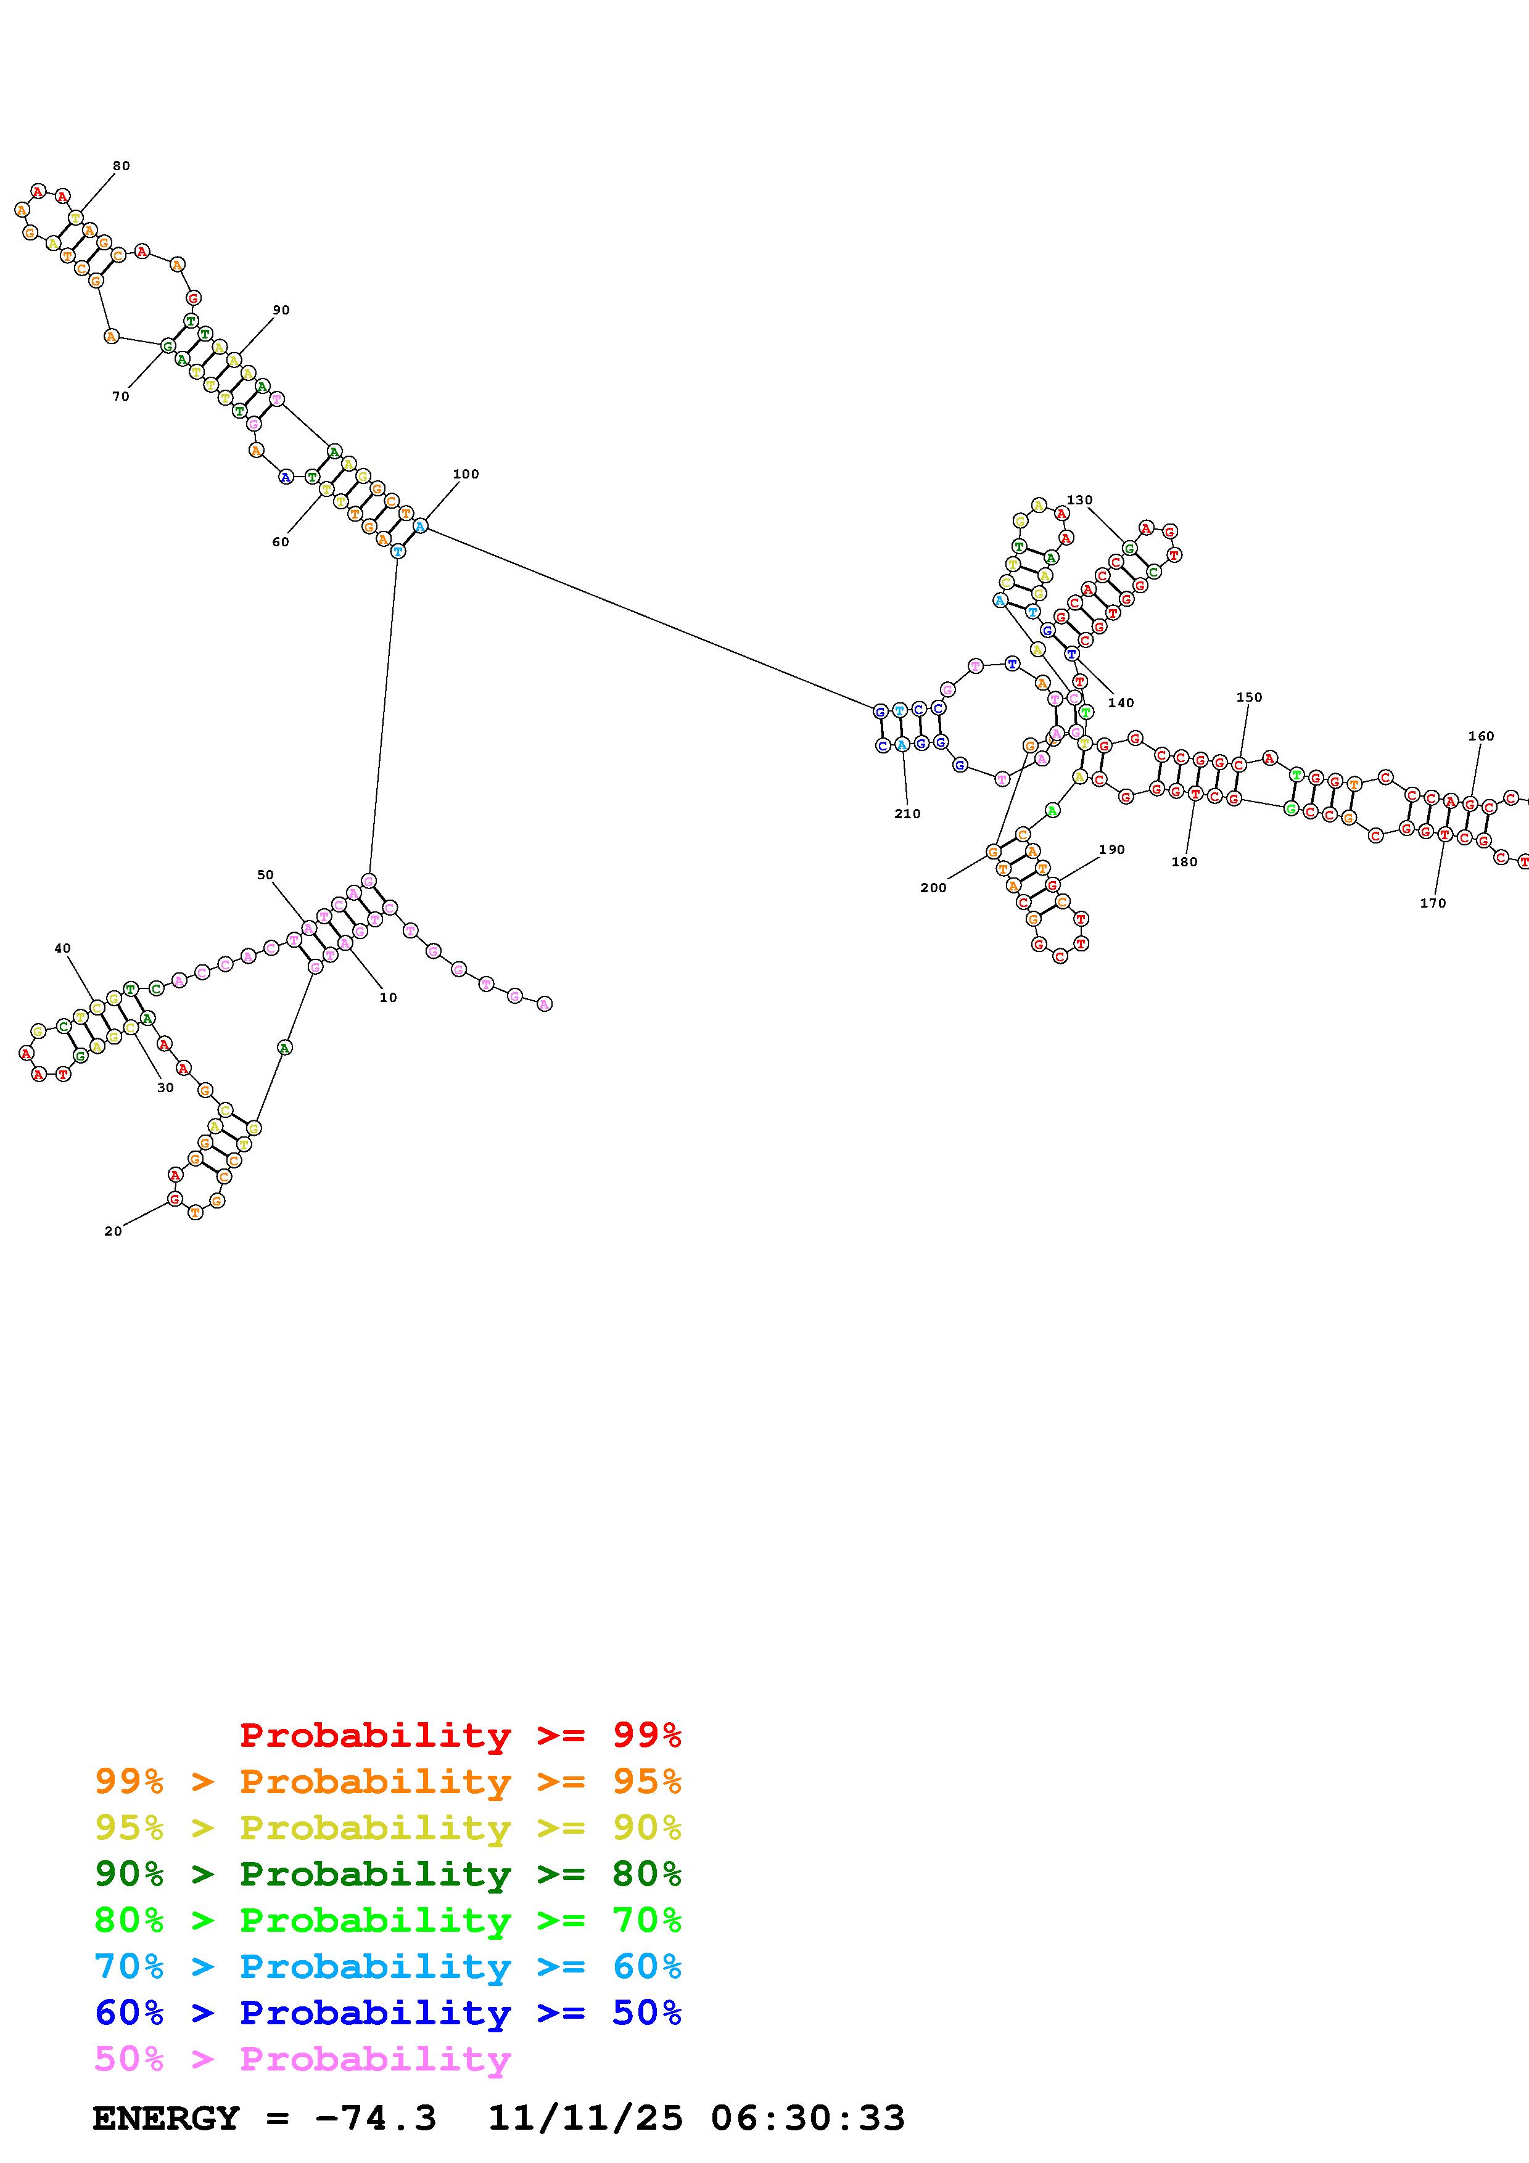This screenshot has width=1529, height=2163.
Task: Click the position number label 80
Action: [x=122, y=166]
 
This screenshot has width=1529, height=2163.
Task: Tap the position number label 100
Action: [x=466, y=474]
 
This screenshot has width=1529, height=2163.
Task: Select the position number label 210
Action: [x=907, y=814]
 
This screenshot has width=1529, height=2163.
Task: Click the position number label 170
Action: [x=1432, y=903]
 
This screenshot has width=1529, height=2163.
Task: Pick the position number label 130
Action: [x=1079, y=499]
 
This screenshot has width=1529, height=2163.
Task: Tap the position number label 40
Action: [x=62, y=949]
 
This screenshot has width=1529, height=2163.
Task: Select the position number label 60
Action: [x=281, y=542]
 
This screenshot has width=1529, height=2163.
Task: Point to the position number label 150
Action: [x=1248, y=697]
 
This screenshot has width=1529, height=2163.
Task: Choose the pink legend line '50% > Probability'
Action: [x=302, y=2058]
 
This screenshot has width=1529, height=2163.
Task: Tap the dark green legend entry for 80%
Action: [x=387, y=1874]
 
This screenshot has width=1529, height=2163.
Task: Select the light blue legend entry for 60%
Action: [x=387, y=1966]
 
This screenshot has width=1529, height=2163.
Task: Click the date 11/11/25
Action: [x=585, y=2118]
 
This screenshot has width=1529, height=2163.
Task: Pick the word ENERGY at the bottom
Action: [x=166, y=2118]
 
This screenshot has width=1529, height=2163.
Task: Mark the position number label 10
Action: [x=388, y=998]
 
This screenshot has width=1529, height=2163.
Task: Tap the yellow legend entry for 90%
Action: [x=387, y=1828]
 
